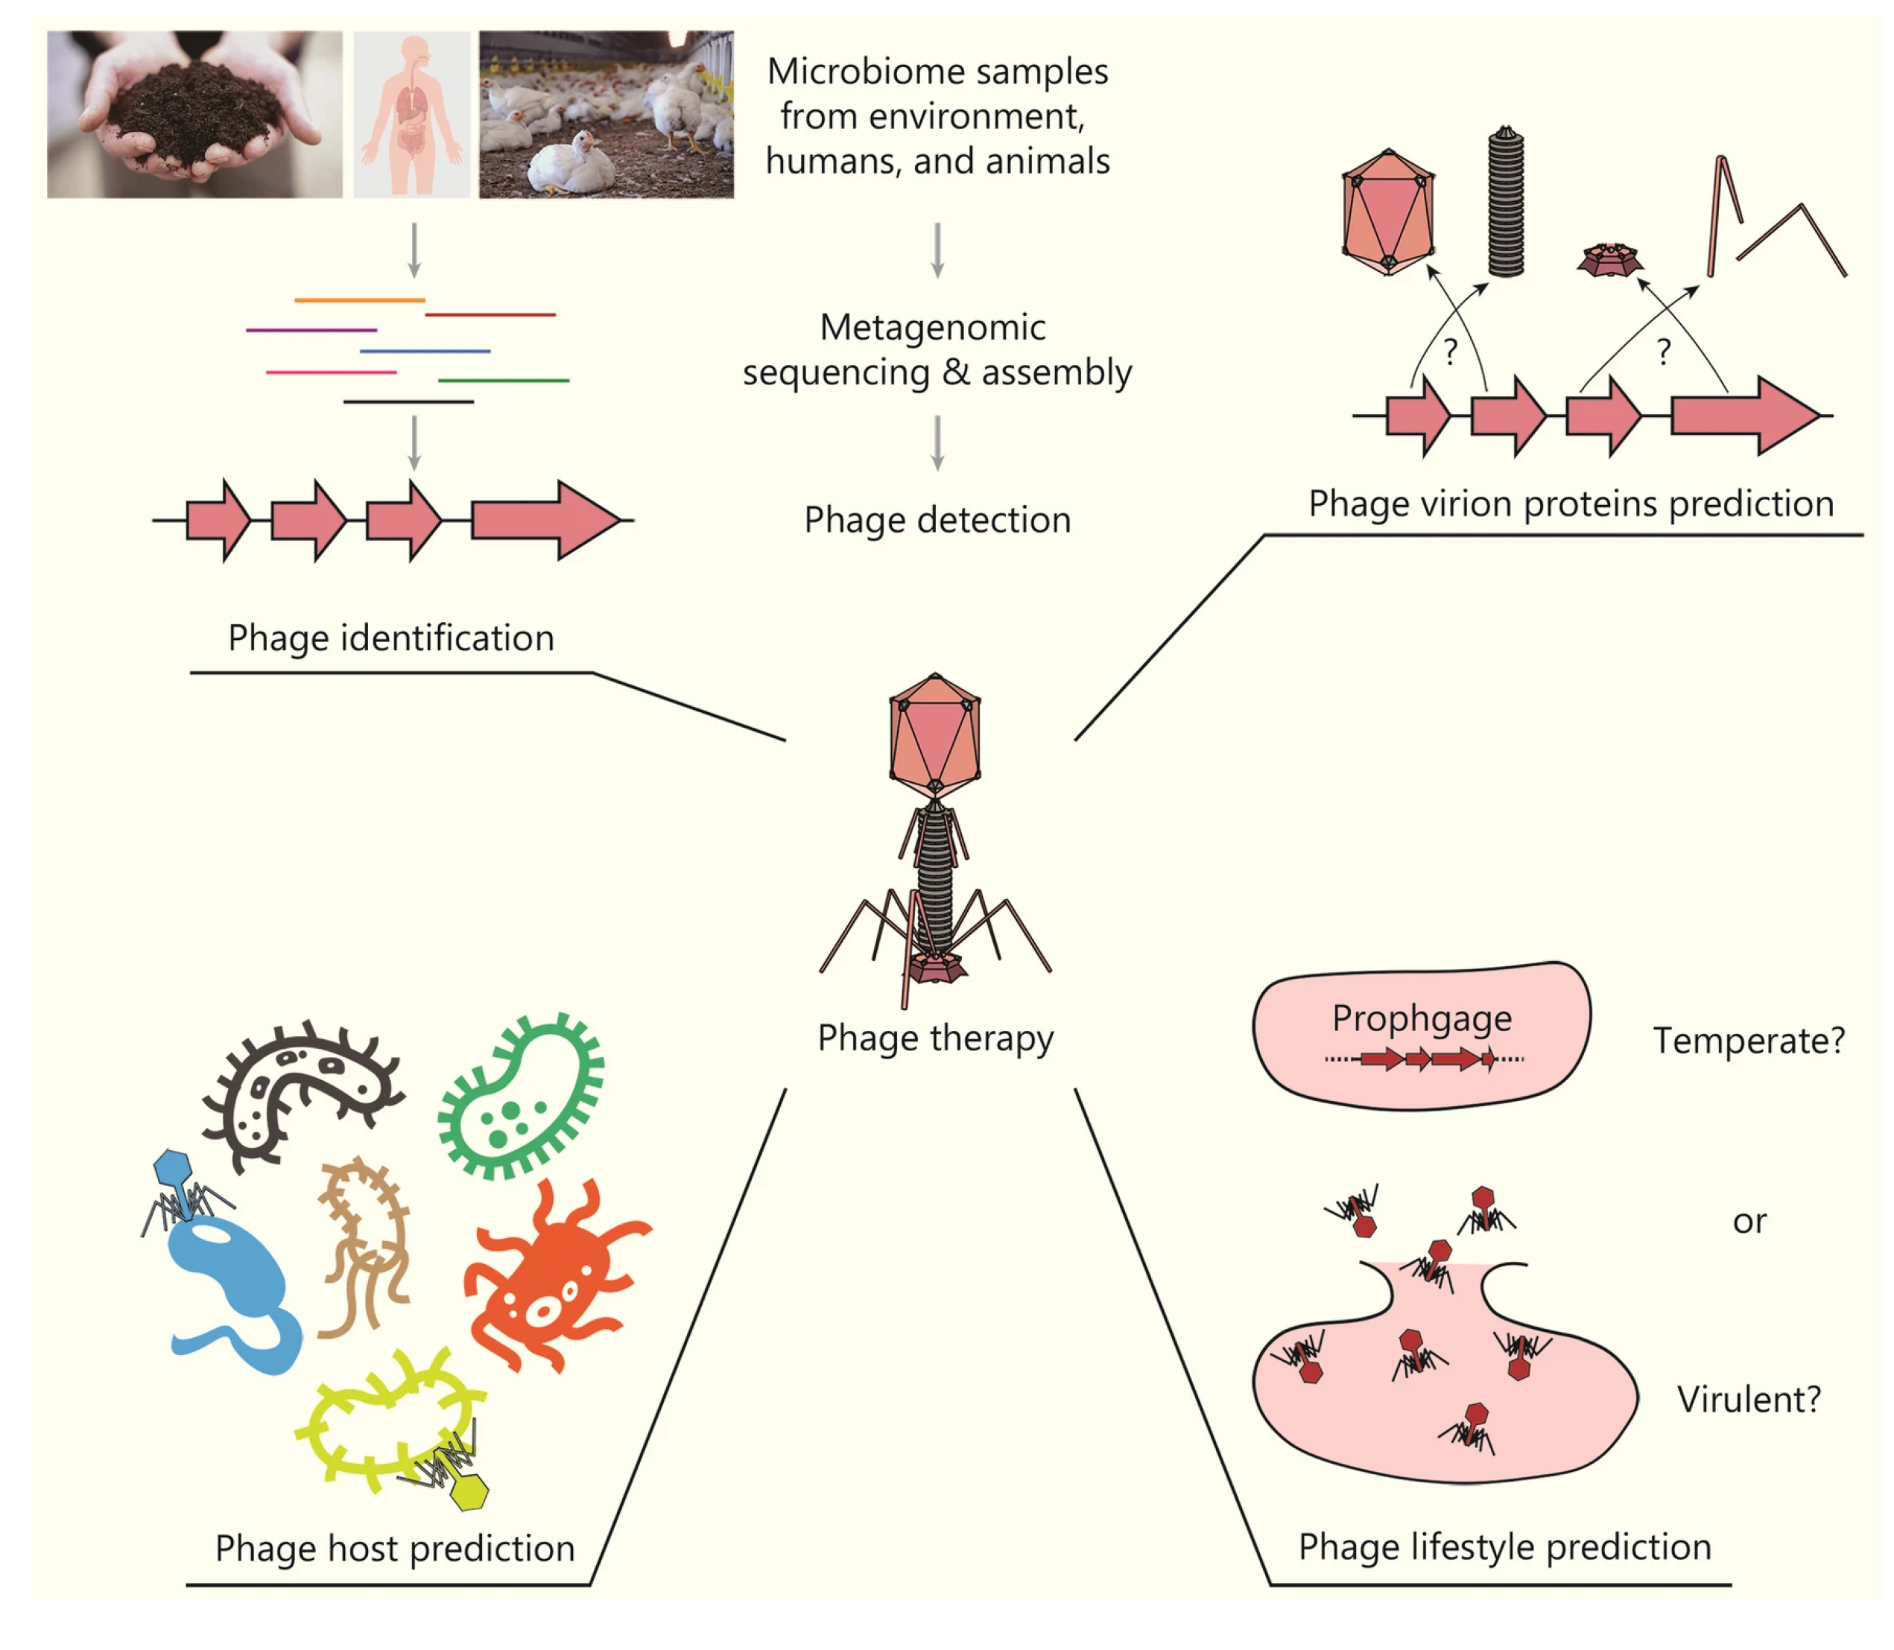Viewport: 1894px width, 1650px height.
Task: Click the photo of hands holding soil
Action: click(x=194, y=114)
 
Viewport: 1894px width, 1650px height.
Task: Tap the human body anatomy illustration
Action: click(x=411, y=114)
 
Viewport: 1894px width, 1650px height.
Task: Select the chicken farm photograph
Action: click(x=606, y=114)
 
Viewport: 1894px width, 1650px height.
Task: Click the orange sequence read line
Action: click(x=359, y=300)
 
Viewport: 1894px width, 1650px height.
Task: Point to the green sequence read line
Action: click(x=503, y=379)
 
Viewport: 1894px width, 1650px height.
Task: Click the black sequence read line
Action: click(x=408, y=402)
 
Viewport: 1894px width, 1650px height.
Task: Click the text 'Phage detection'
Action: click(x=937, y=519)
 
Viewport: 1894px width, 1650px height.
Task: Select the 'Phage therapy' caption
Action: click(x=934, y=1038)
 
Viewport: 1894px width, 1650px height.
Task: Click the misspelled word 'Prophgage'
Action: click(x=1421, y=1018)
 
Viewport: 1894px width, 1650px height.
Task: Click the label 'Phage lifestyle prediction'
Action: click(x=1504, y=1547)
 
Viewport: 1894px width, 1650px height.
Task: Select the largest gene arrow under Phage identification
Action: click(x=543, y=520)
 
